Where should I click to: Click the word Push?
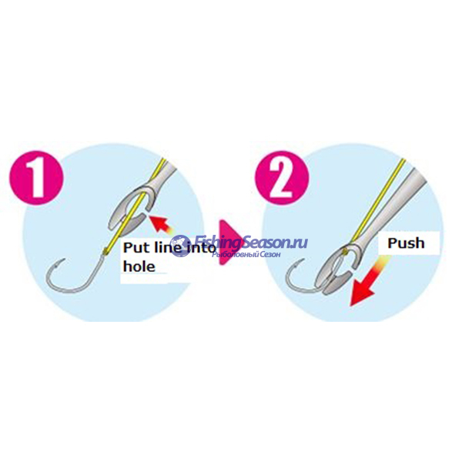click(x=405, y=244)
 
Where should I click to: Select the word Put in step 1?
click(x=139, y=249)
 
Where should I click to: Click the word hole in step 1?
click(x=139, y=268)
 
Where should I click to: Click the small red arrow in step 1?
click(x=159, y=225)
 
